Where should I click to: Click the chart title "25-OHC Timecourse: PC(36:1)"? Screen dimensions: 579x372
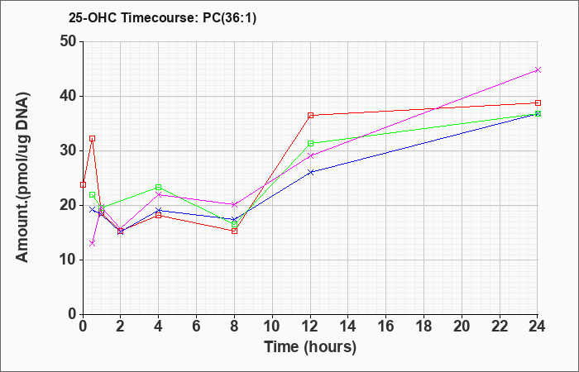[162, 17]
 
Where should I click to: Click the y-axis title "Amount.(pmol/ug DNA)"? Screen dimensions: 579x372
[22, 177]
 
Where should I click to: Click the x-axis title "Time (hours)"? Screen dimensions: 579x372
[310, 347]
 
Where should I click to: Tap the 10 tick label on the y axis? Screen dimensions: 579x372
[69, 260]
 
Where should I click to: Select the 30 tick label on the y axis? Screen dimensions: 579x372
[69, 150]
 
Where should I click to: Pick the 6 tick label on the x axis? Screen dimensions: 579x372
[196, 327]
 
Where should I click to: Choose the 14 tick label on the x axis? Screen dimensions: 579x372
[348, 327]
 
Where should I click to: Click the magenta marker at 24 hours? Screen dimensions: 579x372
[538, 69]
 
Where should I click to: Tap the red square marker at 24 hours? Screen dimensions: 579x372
[538, 103]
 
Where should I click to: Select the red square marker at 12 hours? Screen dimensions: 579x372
[310, 116]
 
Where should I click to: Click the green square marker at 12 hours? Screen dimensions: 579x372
[310, 143]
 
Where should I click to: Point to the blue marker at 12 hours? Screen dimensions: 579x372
[310, 172]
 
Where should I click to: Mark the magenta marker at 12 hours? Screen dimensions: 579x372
[310, 155]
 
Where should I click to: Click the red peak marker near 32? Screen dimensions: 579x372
[93, 138]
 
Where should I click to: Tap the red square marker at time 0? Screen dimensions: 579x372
[83, 184]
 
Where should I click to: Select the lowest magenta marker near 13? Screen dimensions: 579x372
[93, 243]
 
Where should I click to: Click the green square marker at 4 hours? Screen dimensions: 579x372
[159, 188]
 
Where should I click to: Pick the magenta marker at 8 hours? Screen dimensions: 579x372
[234, 204]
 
